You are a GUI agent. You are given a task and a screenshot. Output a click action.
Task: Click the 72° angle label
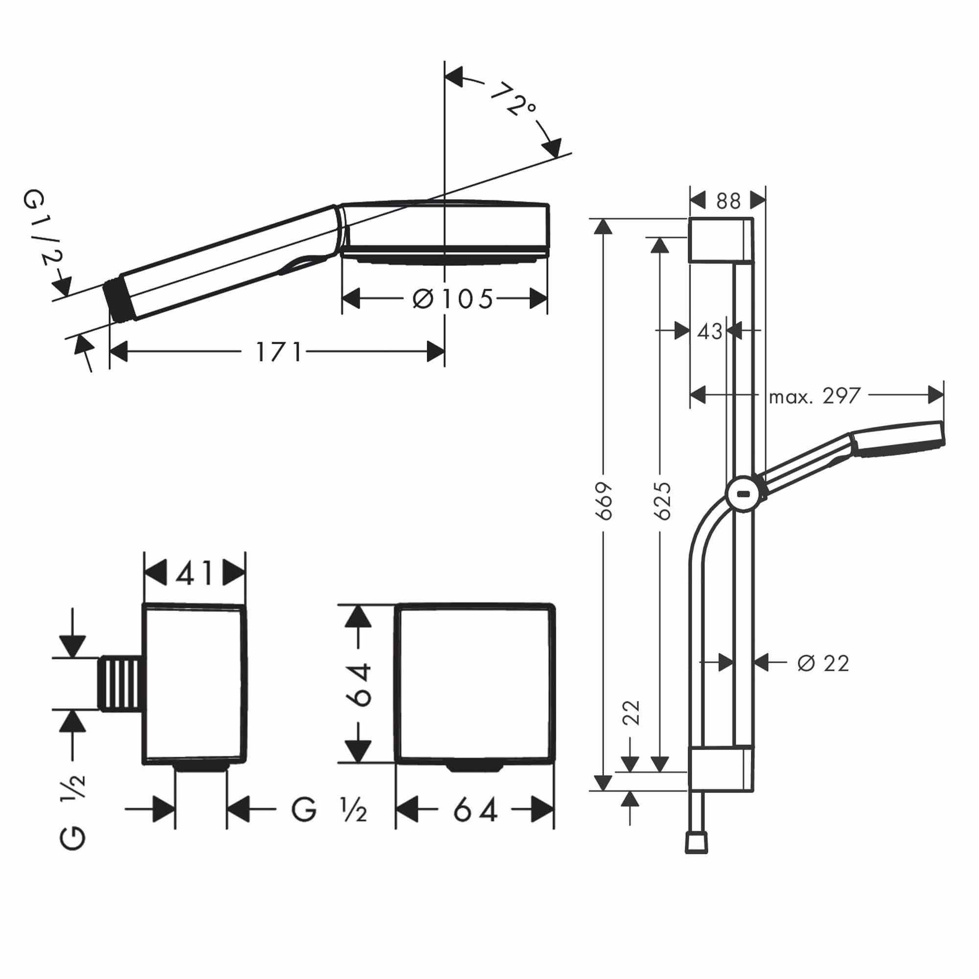tap(513, 99)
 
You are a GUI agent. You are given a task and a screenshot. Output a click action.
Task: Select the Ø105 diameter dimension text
tap(452, 299)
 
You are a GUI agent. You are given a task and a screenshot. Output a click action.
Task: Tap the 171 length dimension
tap(279, 352)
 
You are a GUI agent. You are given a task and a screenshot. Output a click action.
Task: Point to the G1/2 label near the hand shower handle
tap(44, 228)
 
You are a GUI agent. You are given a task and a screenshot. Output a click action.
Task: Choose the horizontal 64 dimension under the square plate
tap(475, 810)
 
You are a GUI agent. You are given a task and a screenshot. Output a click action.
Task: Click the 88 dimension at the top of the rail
tap(728, 201)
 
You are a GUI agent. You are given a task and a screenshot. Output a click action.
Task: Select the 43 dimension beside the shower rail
tap(709, 332)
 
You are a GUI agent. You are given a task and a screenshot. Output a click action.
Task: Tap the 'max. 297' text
tap(815, 396)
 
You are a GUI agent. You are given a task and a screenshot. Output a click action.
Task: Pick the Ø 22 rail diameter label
tap(823, 663)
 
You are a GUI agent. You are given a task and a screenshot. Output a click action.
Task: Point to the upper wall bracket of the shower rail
tap(720, 240)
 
